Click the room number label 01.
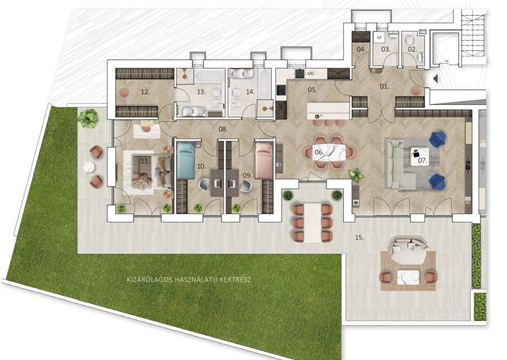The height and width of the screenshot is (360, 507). [385, 86]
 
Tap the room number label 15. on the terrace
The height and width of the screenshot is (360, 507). [359, 238]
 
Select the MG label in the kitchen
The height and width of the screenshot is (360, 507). [310, 74]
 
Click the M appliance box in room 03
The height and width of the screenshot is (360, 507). [379, 38]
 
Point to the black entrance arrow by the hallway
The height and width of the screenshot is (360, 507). [435, 79]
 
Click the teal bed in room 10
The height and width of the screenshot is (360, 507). [185, 161]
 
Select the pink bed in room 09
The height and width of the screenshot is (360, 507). [264, 161]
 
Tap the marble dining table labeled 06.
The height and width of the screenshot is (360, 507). [329, 152]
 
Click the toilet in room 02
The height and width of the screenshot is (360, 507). [409, 40]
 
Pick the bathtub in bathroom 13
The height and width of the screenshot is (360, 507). [209, 77]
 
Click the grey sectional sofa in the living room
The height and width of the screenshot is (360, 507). [401, 164]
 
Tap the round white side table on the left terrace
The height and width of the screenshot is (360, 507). [89, 167]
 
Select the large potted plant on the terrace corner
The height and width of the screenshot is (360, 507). [88, 118]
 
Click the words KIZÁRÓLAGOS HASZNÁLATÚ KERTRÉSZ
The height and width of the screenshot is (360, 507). [189, 280]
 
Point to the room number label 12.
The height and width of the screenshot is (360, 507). [145, 92]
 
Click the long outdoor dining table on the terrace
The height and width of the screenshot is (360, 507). [313, 222]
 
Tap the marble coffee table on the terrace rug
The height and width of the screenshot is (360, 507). [408, 278]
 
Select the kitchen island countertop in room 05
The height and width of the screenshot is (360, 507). [328, 111]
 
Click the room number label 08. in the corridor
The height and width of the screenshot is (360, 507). [223, 129]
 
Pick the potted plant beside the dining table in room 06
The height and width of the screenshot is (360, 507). [356, 175]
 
